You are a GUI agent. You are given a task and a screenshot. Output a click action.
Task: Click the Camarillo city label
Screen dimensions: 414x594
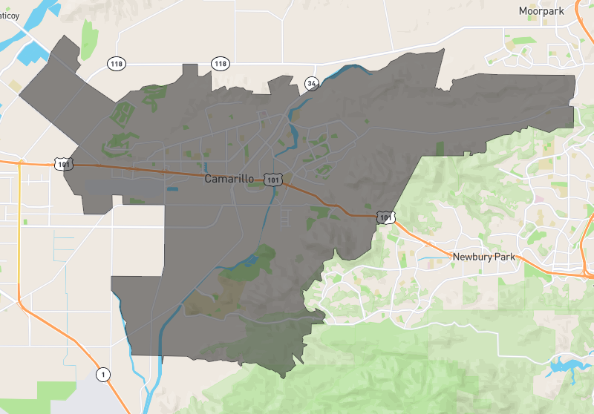tap(231, 180)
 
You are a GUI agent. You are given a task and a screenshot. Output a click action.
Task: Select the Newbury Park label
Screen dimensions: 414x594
tap(483, 257)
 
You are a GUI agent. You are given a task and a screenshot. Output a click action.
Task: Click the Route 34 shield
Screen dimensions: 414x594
tap(311, 83)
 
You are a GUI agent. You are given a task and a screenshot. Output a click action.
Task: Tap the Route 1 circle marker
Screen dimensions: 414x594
tap(104, 373)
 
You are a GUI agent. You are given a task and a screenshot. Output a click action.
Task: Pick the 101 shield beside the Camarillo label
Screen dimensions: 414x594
tap(273, 180)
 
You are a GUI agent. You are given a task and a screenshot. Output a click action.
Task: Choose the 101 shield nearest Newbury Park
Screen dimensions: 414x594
tap(383, 217)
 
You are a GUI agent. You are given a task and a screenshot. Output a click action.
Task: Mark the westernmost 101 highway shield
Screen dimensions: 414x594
tap(64, 163)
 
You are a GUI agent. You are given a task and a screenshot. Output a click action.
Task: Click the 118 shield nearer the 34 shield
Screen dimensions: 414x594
tap(221, 64)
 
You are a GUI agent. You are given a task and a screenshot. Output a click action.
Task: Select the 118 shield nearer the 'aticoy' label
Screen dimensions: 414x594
tap(115, 64)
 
